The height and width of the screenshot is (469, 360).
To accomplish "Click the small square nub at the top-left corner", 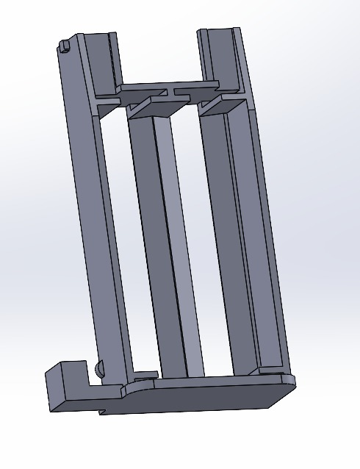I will (x=65, y=46).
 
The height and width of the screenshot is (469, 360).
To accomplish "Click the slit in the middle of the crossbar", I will (x=173, y=93).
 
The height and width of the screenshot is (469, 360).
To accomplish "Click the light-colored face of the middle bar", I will (x=184, y=243).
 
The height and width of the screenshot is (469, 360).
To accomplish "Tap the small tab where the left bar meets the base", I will (x=146, y=375).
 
